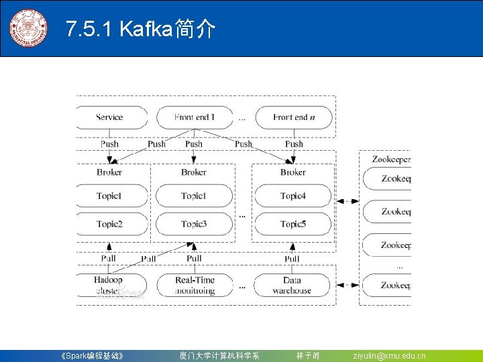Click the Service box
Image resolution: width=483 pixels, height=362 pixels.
[x=109, y=117]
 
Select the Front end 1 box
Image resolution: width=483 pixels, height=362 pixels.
[x=195, y=117]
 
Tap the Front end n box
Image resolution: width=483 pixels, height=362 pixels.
[x=293, y=117]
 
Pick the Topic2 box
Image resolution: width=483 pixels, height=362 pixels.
[x=109, y=224]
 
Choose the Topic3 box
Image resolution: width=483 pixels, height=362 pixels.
[x=194, y=224]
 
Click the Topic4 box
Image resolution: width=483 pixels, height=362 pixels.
[x=293, y=196]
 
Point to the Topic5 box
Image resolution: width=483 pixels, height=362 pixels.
[x=293, y=224]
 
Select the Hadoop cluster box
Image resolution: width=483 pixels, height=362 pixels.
[x=109, y=285]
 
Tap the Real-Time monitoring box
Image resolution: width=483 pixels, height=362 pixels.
[x=195, y=285]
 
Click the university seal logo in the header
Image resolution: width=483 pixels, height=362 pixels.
[x=28, y=28]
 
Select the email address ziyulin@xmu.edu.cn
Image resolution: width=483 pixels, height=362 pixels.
[x=389, y=356]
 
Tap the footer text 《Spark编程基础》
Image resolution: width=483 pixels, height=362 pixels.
[x=92, y=356]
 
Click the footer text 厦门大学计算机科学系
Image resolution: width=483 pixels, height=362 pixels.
[x=219, y=356]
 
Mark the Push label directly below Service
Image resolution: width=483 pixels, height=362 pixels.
[x=109, y=143]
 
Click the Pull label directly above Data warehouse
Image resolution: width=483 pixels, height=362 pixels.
[x=292, y=258]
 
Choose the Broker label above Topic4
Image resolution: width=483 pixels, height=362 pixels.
[x=293, y=172]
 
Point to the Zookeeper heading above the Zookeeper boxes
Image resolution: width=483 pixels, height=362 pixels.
[x=391, y=160]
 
